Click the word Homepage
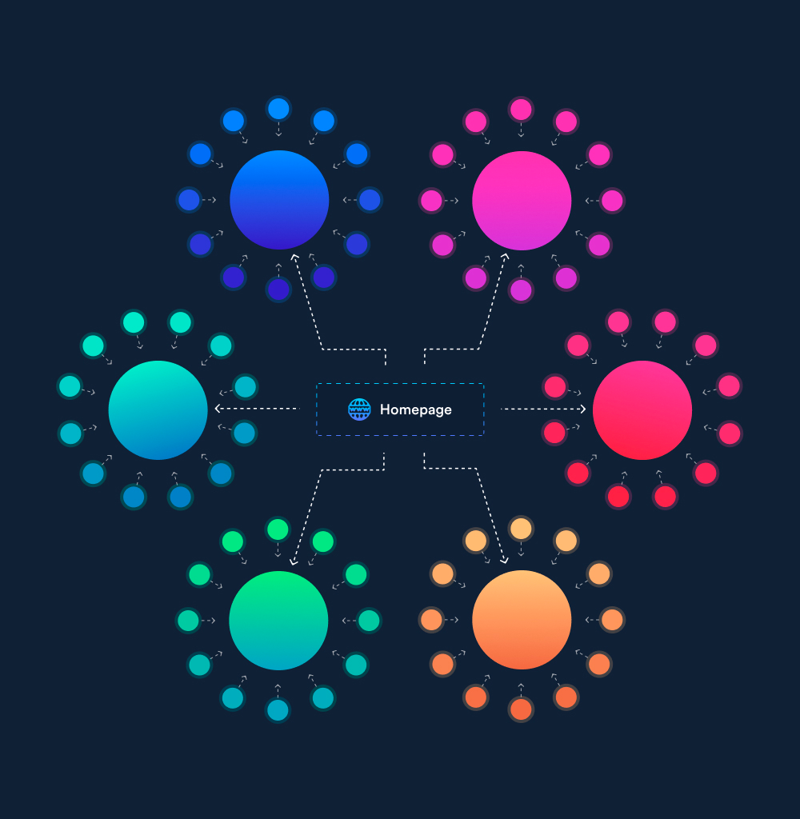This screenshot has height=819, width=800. (x=415, y=409)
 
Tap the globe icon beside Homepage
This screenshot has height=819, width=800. (x=359, y=409)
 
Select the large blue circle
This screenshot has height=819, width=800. (x=279, y=200)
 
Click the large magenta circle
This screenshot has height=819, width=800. (x=522, y=200)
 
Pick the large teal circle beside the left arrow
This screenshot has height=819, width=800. (x=158, y=409)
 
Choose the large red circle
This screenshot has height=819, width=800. (x=642, y=409)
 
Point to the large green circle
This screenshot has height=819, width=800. (x=278, y=620)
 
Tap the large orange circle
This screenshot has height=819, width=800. (x=522, y=620)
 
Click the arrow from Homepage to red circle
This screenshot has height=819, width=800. (x=544, y=409)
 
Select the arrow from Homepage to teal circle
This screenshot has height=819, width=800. (x=256, y=409)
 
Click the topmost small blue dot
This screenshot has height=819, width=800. (x=278, y=109)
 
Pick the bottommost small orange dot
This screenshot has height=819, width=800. (x=521, y=709)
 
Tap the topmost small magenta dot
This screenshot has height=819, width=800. (x=521, y=109)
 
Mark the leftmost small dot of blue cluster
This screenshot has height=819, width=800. (x=189, y=200)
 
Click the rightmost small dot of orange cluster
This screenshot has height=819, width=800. (x=612, y=620)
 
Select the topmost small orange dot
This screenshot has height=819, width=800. (x=521, y=529)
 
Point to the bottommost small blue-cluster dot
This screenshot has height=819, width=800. (x=278, y=290)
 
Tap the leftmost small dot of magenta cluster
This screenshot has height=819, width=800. (x=431, y=200)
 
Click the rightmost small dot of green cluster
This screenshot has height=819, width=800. (x=369, y=620)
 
